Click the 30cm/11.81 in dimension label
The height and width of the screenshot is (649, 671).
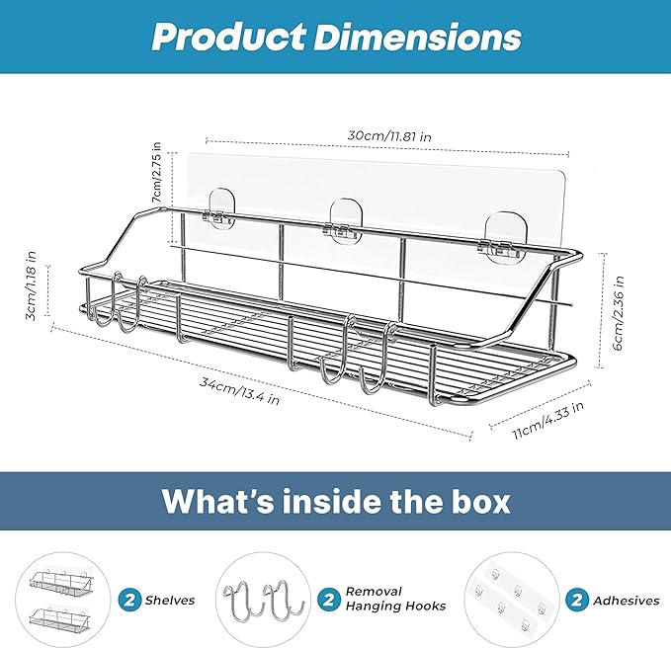(388, 136)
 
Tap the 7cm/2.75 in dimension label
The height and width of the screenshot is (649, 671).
(157, 173)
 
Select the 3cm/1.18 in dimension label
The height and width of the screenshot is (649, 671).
(31, 285)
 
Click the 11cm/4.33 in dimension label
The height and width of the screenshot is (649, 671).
(548, 420)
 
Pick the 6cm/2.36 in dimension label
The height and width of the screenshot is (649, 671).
(619, 313)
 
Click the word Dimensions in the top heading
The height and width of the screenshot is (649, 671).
(417, 38)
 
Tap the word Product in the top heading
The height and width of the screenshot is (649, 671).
(228, 38)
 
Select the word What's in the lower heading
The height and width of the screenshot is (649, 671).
(217, 501)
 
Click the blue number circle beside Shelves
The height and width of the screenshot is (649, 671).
(129, 600)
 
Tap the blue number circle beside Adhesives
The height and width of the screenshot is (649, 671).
(576, 600)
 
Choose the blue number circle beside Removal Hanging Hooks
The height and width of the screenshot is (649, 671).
(329, 599)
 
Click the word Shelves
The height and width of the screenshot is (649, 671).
(169, 601)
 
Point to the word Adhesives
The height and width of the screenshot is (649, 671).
(627, 601)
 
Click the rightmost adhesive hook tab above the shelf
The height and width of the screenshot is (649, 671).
(502, 236)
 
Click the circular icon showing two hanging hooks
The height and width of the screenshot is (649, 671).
(263, 600)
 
